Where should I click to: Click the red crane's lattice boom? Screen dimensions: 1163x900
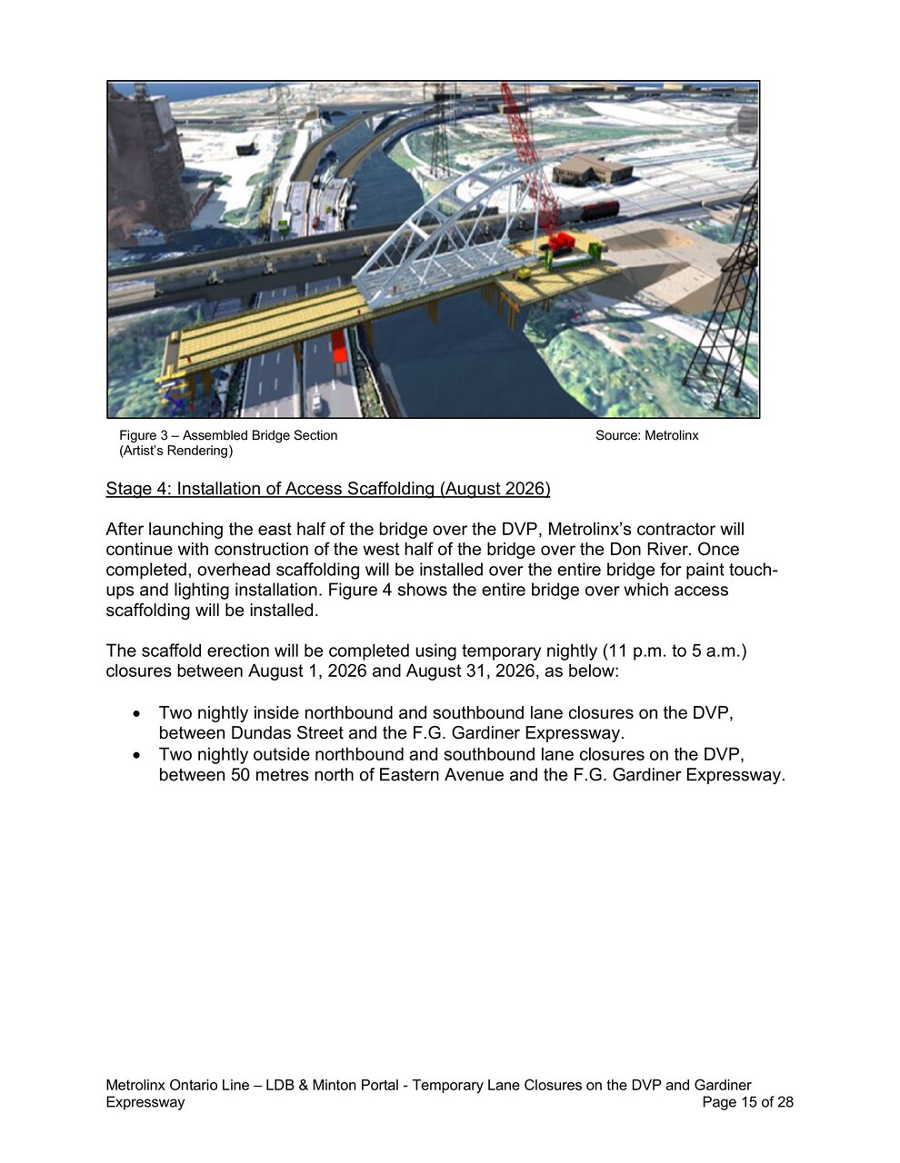pyautogui.click(x=527, y=154)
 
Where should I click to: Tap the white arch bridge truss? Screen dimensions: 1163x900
pyautogui.click(x=436, y=227)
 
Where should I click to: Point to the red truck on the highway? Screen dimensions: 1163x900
pyautogui.click(x=339, y=353)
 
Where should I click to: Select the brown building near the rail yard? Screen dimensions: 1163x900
pyautogui.click(x=592, y=168)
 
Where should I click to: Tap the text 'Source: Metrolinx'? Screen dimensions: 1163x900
pyautogui.click(x=646, y=435)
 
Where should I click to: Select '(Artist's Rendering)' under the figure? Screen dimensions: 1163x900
pyautogui.click(x=175, y=451)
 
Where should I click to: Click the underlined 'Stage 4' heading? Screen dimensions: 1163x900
pyautogui.click(x=327, y=489)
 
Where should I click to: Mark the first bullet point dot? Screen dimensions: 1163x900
pyautogui.click(x=137, y=713)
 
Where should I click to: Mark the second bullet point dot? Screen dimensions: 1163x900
pyautogui.click(x=137, y=755)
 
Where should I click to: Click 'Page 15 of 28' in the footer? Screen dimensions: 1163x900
pyautogui.click(x=747, y=1102)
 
